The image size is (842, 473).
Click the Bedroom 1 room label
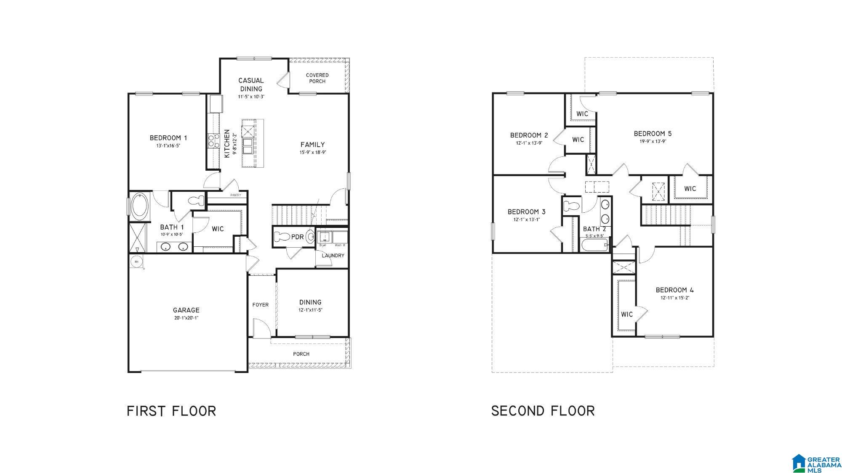point(168,138)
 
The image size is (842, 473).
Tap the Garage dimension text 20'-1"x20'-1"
point(186,318)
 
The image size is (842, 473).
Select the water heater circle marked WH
point(136,262)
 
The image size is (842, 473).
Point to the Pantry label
point(236,195)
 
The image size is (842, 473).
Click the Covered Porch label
point(317,78)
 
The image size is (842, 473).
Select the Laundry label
point(333,256)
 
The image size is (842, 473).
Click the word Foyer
point(260,305)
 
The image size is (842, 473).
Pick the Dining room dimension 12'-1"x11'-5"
point(311,310)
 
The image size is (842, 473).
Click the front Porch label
point(301,354)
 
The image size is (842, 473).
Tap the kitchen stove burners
point(213,140)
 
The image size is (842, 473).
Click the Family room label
point(312,145)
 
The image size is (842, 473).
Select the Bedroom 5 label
point(653,134)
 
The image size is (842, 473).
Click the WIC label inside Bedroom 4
point(626,314)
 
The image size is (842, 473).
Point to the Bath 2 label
point(594,229)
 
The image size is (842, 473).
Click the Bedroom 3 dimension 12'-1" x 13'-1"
point(526,219)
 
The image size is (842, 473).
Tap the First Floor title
point(171,411)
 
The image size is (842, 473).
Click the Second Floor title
point(543,411)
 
